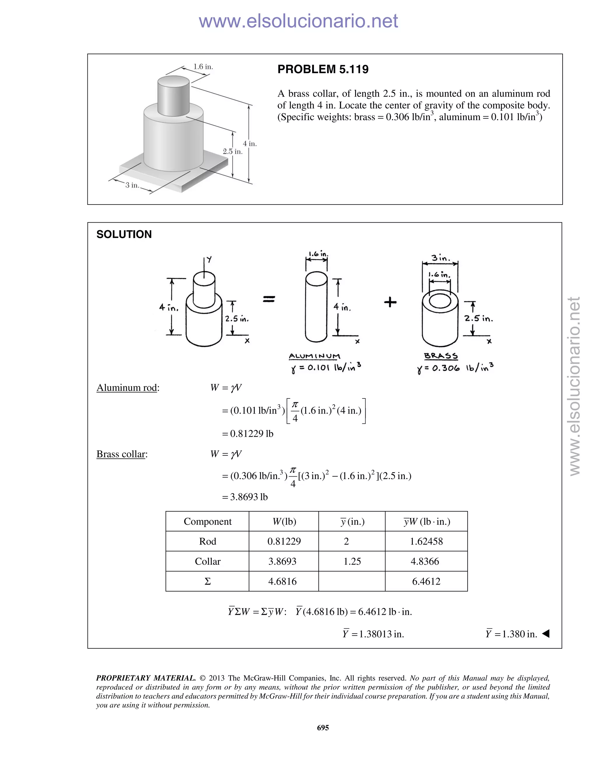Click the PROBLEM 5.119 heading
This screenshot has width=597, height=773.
pos(323,69)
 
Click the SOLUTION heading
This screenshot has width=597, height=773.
pos(124,234)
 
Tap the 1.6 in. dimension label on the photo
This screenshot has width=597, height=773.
pos(203,67)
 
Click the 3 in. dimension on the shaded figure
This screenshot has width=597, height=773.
pos(132,185)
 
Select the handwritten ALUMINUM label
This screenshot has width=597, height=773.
pos(315,356)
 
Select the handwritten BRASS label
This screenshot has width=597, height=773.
pos(441,356)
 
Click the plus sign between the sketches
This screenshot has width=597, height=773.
pos(390,302)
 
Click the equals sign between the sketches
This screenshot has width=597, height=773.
pos(269,300)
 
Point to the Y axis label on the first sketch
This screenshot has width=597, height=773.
pos(209,259)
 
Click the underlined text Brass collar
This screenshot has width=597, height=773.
pos(121,454)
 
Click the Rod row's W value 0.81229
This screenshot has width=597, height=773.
pos(284,541)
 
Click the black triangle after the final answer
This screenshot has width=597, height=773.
pos(546,634)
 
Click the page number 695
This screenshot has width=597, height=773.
pos(323,728)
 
